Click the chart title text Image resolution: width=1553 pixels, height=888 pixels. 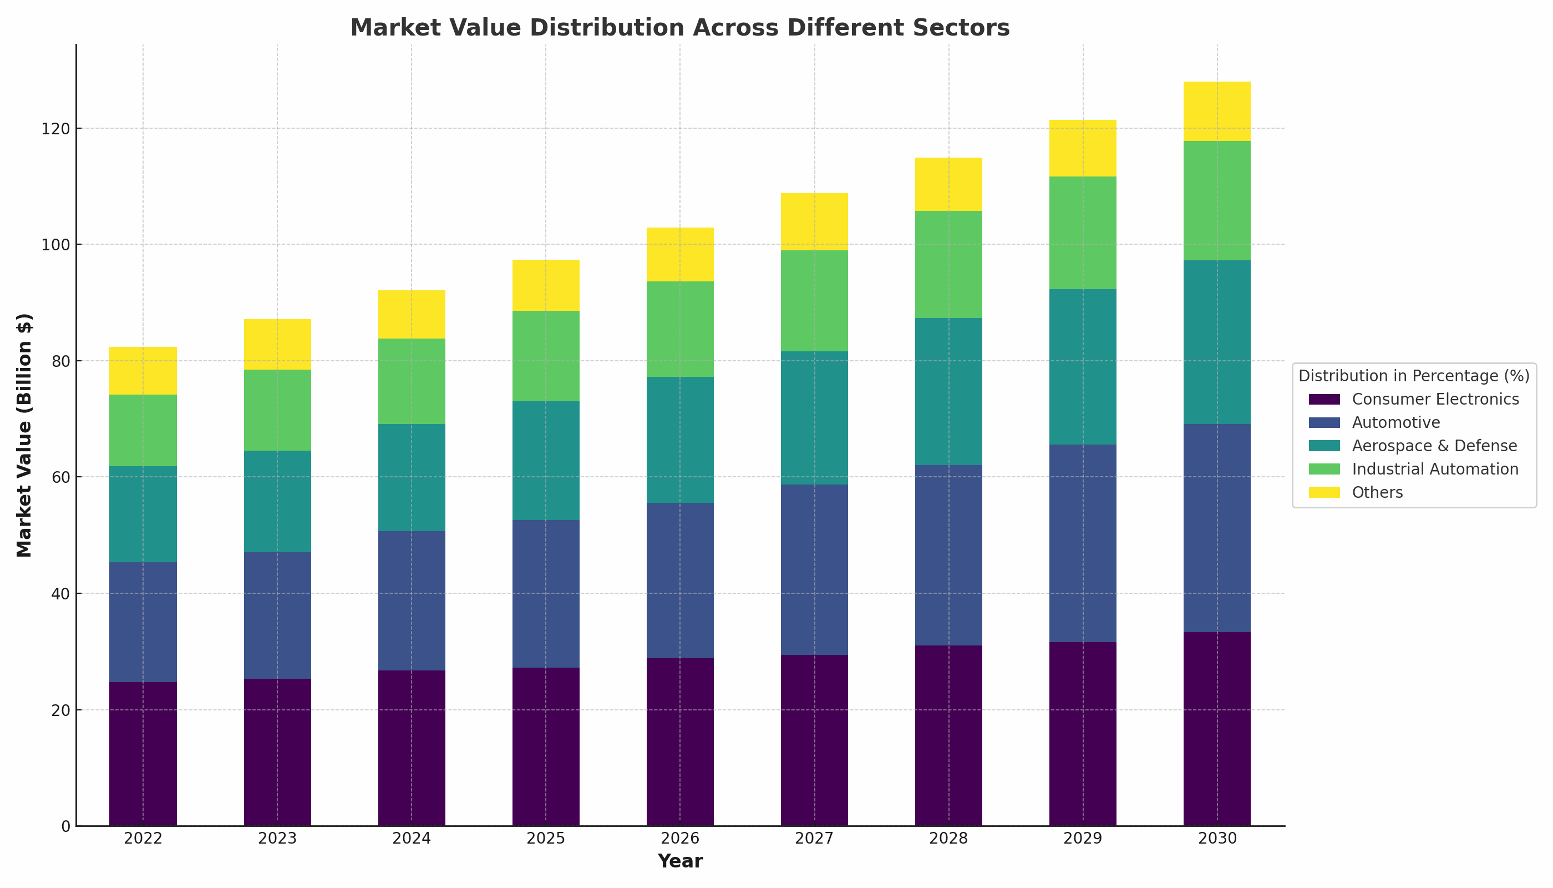679,28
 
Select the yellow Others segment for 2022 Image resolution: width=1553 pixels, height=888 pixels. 143,371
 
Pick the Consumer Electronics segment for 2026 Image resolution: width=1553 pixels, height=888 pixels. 679,741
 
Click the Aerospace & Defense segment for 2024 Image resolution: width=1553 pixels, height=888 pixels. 412,477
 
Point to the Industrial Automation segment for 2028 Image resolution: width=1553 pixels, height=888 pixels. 948,265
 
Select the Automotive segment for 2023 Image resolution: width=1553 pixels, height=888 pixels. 277,615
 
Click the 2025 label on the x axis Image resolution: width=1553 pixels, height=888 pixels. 546,839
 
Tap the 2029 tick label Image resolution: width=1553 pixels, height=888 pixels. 1083,839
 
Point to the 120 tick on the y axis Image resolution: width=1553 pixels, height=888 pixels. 55,129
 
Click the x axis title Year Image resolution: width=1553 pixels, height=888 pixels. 679,861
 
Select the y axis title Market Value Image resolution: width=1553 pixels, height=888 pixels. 24,435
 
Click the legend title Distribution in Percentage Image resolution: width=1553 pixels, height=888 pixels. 1414,376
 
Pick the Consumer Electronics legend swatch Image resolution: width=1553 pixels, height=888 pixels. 1324,400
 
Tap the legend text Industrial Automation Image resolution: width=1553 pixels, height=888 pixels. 1435,470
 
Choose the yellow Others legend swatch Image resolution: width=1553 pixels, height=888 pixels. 1324,493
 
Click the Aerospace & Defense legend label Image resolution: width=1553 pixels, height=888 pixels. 1434,446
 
